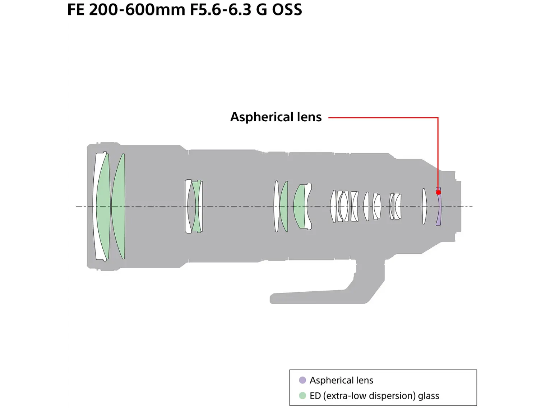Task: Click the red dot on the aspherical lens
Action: click(x=438, y=192)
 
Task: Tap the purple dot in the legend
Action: click(x=302, y=380)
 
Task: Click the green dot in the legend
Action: click(x=302, y=396)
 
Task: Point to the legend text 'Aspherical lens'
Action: click(x=341, y=380)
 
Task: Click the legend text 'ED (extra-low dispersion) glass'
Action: click(x=374, y=396)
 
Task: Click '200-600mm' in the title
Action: click(x=137, y=10)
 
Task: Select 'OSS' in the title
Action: click(x=287, y=10)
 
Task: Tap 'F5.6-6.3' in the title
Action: click(x=221, y=10)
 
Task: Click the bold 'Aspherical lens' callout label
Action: click(x=276, y=117)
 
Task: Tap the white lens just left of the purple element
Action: click(x=424, y=206)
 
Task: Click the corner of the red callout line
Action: click(x=438, y=118)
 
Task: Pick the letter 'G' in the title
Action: click(x=261, y=10)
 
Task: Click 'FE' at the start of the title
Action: click(x=76, y=10)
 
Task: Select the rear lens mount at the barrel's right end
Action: click(x=458, y=206)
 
